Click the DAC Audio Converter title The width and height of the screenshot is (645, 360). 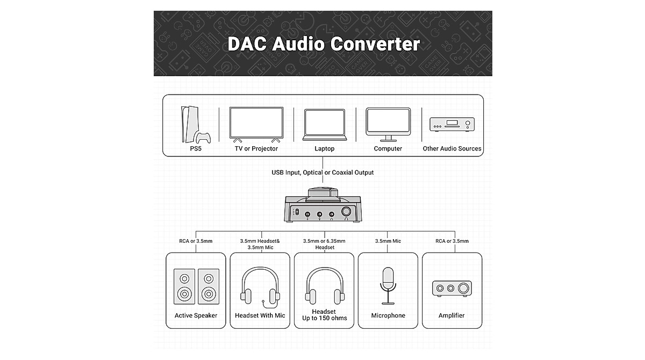(323, 44)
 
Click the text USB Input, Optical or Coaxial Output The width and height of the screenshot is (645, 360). (322, 172)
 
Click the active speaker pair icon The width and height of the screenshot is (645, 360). (196, 285)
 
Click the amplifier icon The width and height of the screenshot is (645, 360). (452, 289)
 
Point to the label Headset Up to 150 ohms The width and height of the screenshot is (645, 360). (324, 315)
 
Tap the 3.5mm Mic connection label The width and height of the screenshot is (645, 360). (388, 241)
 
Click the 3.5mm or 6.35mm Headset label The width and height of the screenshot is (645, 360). (324, 244)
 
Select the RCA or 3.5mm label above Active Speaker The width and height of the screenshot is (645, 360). (196, 241)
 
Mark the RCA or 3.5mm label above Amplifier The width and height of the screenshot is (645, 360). (452, 241)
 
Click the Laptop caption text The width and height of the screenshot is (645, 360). (324, 149)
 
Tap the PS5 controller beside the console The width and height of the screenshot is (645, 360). (203, 138)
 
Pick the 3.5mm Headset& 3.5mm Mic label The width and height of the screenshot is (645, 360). (260, 244)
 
